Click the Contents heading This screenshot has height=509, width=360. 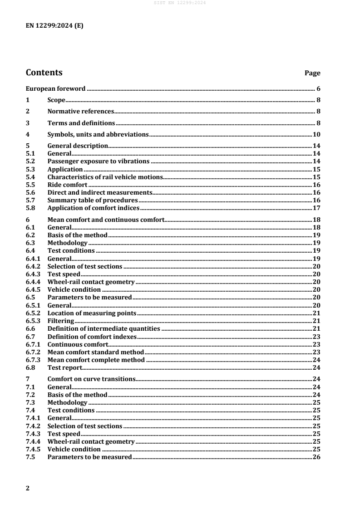pos(44,73)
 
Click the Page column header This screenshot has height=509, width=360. pos(312,73)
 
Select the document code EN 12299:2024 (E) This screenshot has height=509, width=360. pos(54,26)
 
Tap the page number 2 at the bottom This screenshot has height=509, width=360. pos(28,488)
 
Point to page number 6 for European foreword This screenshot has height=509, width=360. pos(319,88)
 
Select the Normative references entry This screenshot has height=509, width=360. pos(80,111)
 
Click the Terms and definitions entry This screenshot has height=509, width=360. pos(81,123)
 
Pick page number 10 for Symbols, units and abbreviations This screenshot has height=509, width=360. pos(317,134)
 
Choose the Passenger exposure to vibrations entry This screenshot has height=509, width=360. pos(98,161)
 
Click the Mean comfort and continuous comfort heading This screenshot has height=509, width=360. pos(105,220)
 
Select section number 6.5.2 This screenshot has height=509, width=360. pos(33,313)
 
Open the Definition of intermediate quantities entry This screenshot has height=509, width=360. pos(104,328)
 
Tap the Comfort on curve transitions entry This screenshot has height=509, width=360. pos(91,379)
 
